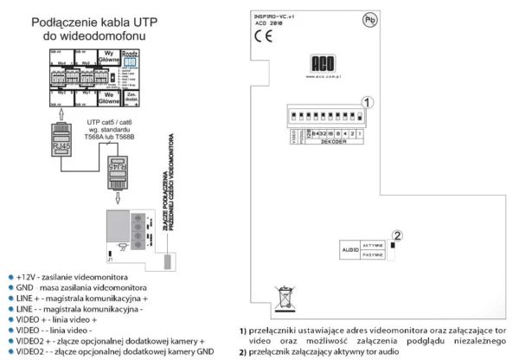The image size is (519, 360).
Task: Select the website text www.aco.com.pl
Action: click(x=325, y=75)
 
